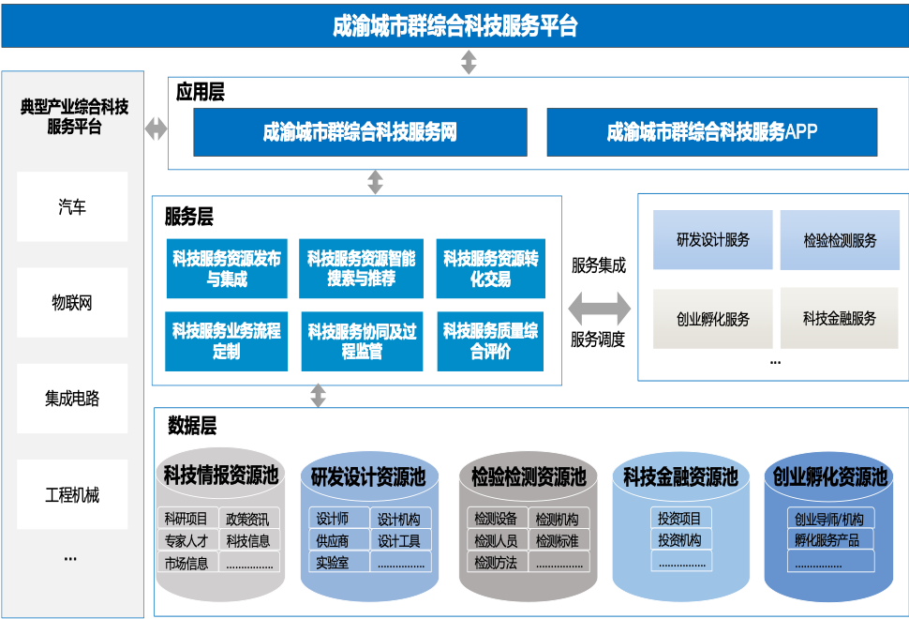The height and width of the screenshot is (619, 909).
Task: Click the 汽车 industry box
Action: (72, 206)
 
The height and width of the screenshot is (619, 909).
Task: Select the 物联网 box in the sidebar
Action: (72, 302)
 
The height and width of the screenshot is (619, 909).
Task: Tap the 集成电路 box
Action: (72, 399)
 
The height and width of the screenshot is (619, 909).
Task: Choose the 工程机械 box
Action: (72, 494)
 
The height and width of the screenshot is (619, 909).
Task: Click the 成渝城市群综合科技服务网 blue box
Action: (360, 132)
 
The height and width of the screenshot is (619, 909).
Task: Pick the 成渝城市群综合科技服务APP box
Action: (711, 132)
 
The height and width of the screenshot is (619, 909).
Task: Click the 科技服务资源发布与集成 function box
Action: (226, 268)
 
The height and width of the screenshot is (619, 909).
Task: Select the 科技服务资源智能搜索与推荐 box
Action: (361, 268)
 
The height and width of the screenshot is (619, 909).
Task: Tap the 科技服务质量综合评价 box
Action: (490, 340)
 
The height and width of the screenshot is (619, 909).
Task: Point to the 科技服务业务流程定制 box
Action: (226, 340)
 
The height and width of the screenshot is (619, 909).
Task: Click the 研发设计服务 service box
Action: (713, 240)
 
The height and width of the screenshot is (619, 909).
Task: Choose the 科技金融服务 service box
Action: (839, 318)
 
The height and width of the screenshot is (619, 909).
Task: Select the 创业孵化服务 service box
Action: (713, 318)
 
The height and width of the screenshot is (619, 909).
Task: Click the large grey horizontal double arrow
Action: (600, 308)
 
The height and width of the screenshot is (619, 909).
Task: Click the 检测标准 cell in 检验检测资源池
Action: (557, 540)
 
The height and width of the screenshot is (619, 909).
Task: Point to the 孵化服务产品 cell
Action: (826, 540)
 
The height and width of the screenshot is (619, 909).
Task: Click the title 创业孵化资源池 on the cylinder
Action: (829, 477)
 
